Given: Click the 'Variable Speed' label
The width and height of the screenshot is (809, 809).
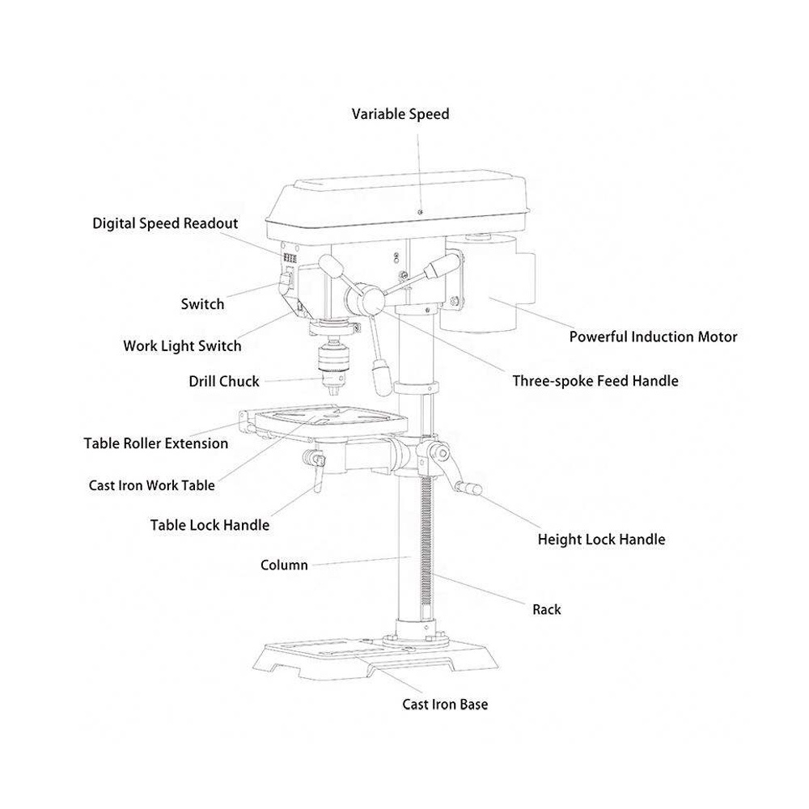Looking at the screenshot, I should click(x=400, y=114).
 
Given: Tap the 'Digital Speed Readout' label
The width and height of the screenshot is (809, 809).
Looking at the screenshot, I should click(x=165, y=223).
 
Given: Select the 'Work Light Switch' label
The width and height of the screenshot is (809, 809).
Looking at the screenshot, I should click(x=182, y=346).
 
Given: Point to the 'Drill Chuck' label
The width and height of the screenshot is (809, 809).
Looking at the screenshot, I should click(x=224, y=381).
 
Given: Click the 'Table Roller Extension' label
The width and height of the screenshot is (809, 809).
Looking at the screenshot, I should click(x=156, y=443).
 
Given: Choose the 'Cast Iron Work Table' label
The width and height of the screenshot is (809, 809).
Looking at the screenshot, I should click(x=152, y=485).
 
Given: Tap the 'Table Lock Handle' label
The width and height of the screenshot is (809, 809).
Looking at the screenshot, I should click(x=210, y=525).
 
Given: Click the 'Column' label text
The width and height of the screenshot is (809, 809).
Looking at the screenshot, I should click(x=284, y=565).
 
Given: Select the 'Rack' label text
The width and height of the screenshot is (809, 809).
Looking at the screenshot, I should click(x=547, y=609).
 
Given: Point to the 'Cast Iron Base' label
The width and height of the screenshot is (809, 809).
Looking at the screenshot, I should click(x=445, y=705).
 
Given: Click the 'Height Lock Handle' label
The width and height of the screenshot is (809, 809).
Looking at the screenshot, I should click(x=601, y=540).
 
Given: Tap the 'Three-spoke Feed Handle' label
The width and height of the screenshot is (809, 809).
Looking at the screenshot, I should click(x=595, y=381).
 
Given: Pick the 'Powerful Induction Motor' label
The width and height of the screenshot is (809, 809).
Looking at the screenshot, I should click(x=653, y=337).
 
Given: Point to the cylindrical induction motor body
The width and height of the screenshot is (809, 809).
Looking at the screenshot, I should click(x=485, y=283).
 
